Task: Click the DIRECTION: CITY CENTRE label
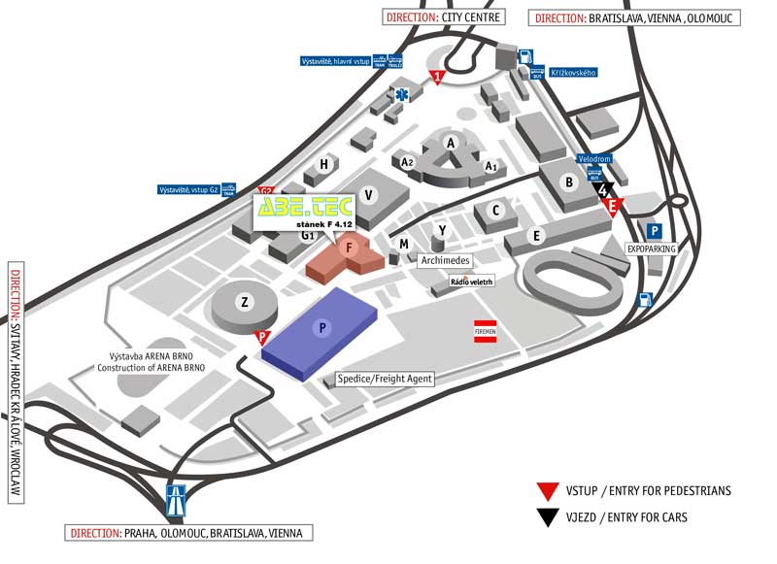click(x=444, y=17)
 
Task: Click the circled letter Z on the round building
click(x=245, y=303)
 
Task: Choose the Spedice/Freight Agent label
click(x=385, y=379)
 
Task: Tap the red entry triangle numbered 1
click(x=438, y=76)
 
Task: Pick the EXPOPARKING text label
click(x=651, y=249)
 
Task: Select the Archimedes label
click(x=446, y=261)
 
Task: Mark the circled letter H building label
click(x=323, y=165)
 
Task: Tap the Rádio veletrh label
click(x=472, y=282)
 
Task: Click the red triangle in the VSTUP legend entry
click(x=551, y=491)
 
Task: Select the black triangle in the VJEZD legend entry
click(x=551, y=517)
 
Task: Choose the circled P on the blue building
click(x=322, y=329)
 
